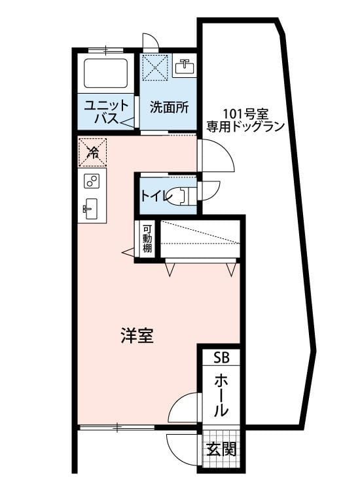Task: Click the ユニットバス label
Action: point(105,112)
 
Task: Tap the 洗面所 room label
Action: point(169,107)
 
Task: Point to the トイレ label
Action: point(153,194)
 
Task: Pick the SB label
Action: point(221,357)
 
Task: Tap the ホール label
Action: point(221,395)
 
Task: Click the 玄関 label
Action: point(221,450)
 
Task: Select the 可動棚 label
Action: point(147,240)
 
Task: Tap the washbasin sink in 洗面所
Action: point(184,66)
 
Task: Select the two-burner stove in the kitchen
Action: point(91,181)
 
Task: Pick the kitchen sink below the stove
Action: point(91,209)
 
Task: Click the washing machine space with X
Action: point(156,67)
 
